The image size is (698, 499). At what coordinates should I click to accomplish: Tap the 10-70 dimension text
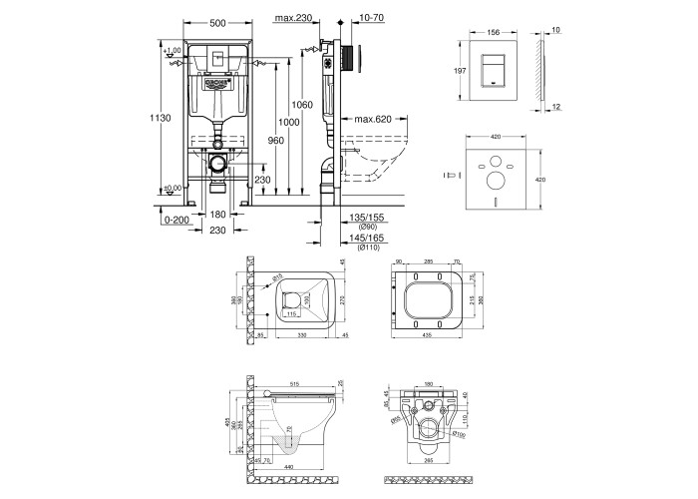point(371,18)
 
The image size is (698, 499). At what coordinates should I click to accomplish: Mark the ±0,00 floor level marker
point(174,188)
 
